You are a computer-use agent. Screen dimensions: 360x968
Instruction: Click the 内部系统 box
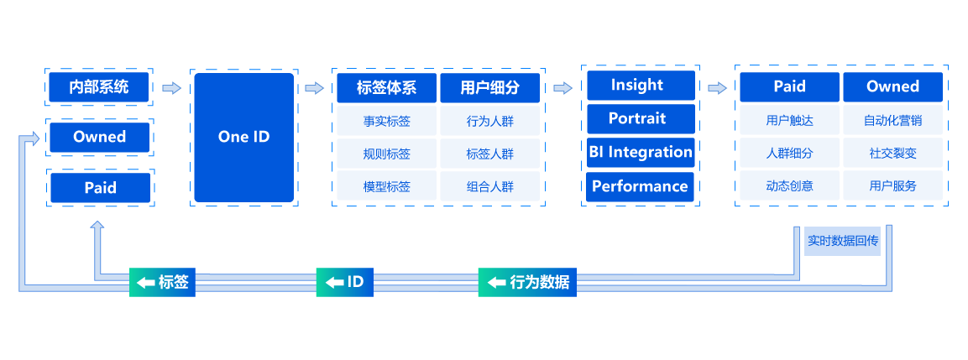99,86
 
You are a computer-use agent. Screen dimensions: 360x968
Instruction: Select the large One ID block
243,137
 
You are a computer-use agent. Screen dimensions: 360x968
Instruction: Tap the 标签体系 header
386,87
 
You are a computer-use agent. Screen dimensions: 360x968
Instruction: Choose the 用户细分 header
490,87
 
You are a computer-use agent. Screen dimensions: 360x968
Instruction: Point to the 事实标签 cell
386,121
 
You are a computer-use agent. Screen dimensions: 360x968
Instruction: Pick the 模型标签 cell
386,186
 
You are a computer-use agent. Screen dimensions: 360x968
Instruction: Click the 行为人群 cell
490,121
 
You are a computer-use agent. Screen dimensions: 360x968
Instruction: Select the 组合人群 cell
490,186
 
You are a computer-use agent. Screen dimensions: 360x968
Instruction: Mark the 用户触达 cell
789,120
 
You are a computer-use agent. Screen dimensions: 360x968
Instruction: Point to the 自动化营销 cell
892,120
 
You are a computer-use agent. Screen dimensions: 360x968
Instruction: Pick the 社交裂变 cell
892,154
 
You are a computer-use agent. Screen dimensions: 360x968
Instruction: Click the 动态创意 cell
789,186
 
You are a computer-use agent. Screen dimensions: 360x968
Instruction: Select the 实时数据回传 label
842,241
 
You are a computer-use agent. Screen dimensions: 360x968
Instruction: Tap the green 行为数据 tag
528,282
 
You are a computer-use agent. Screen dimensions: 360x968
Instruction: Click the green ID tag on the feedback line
344,282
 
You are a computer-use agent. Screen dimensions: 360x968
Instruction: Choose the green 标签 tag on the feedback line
163,282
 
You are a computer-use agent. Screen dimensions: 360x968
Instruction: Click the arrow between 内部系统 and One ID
172,87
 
